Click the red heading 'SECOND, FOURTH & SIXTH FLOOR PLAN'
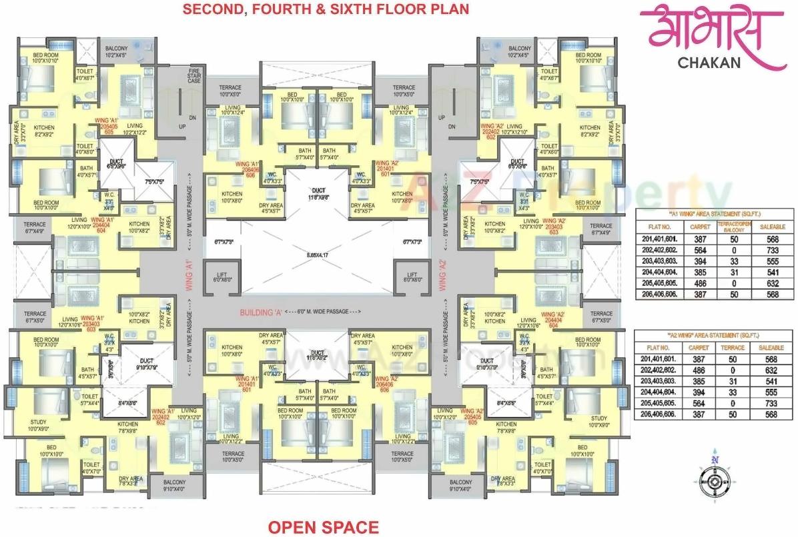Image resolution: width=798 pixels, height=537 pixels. point(326,9)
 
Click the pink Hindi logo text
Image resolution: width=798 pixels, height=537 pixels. point(711,31)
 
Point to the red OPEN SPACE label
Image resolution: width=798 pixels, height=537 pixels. point(323,527)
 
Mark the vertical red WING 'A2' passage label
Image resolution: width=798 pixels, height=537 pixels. point(442,276)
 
